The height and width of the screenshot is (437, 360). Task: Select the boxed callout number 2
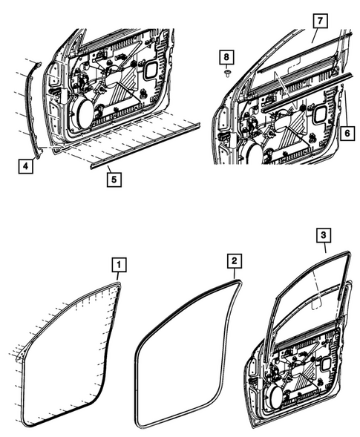click(233, 260)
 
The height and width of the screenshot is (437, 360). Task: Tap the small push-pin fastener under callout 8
click(228, 73)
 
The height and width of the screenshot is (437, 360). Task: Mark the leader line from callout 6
click(345, 104)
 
